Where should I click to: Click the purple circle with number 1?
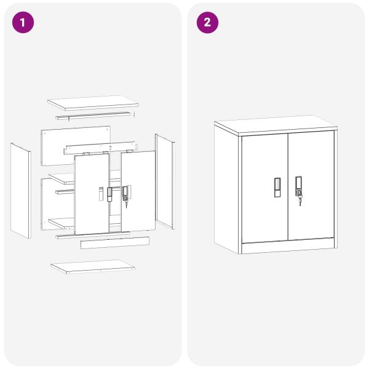(23, 22)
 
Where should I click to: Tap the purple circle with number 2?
(207, 22)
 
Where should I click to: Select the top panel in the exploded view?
(93, 103)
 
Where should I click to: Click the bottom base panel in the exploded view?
(93, 267)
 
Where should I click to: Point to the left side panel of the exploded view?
(21, 191)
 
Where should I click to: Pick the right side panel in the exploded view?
(165, 181)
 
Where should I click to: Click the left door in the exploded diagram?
(92, 194)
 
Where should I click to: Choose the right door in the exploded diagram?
(138, 191)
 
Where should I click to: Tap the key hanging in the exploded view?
(126, 204)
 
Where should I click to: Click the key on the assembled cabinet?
(300, 200)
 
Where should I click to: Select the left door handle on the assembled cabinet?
(277, 188)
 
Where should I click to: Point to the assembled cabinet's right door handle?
(299, 186)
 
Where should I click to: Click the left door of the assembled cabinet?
(264, 189)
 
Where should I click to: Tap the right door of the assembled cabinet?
(311, 186)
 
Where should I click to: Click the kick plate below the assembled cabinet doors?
(288, 246)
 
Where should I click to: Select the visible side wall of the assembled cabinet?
(226, 189)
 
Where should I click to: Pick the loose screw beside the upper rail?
(134, 114)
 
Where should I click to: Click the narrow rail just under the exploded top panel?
(93, 116)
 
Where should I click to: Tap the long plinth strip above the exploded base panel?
(115, 243)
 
